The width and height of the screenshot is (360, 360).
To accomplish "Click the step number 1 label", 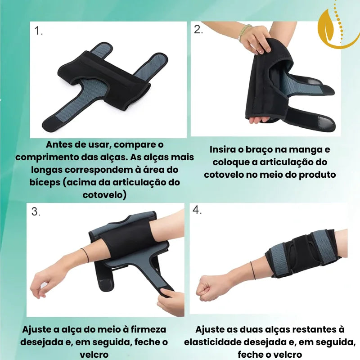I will [39, 31].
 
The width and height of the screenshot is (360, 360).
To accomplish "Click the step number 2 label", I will [198, 30].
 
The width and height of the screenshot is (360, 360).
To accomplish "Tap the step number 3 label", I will [36, 212].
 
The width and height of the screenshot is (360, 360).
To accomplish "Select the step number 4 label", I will [197, 210].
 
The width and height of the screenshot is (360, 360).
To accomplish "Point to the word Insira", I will [226, 149].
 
